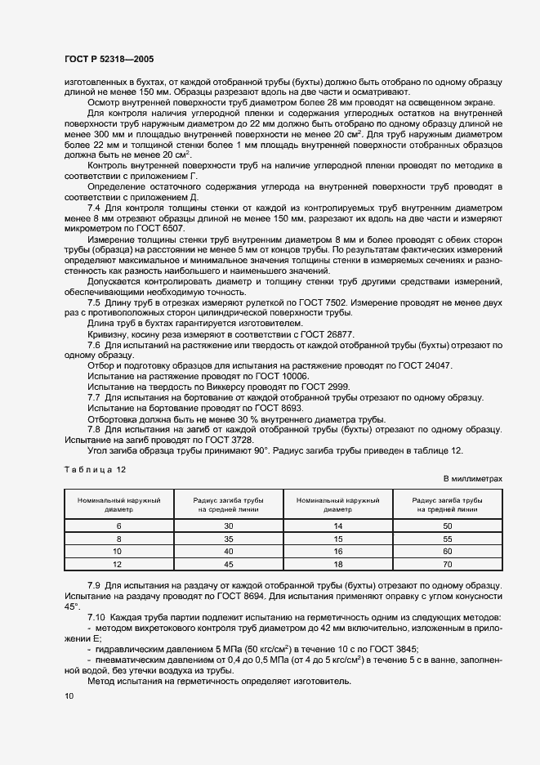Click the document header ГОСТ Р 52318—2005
pyautogui.click(x=108, y=59)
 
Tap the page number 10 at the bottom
pyautogui.click(x=69, y=696)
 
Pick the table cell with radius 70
pyautogui.click(x=447, y=564)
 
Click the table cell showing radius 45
pyautogui.click(x=228, y=564)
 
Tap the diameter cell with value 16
pyautogui.click(x=337, y=552)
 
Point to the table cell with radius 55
pyautogui.click(x=447, y=539)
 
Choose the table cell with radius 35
pyautogui.click(x=228, y=539)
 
